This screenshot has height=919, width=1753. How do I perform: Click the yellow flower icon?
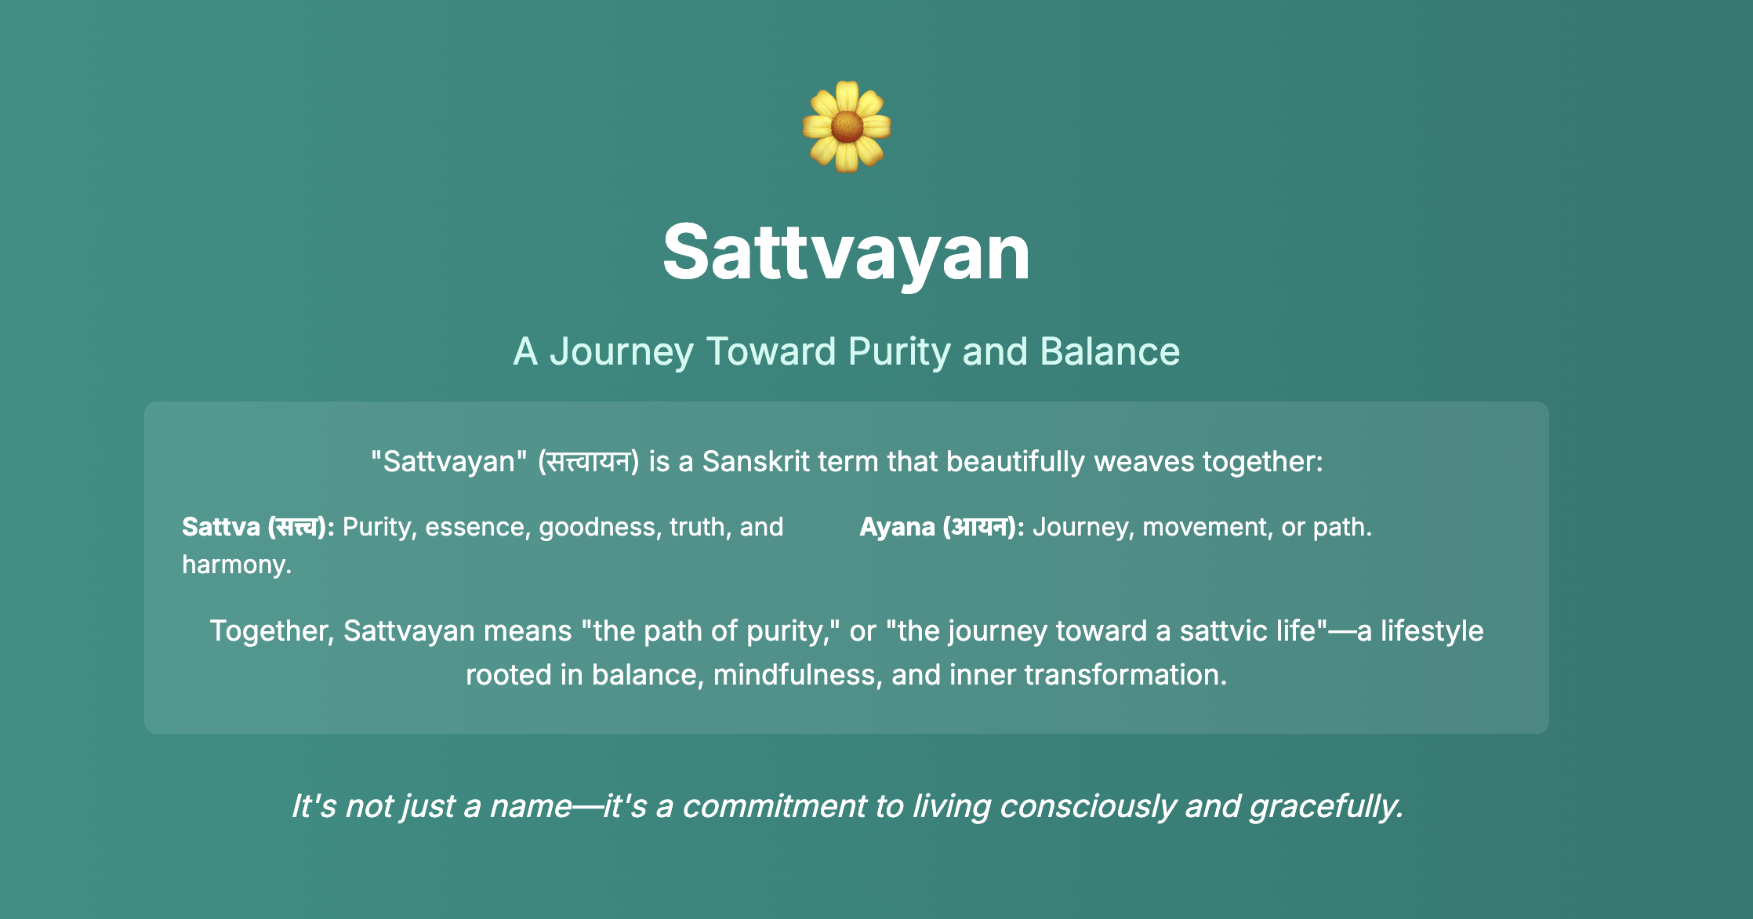[847, 127]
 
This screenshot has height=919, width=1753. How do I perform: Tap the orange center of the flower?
[847, 127]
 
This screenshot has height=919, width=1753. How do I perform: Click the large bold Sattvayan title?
[847, 252]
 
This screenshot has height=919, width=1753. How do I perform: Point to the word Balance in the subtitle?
[1109, 351]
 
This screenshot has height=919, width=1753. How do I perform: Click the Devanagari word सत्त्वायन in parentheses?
[589, 461]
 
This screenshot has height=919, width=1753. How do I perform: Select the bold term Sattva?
[221, 527]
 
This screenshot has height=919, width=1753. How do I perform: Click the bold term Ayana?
[897, 527]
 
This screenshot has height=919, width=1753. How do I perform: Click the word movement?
[1208, 527]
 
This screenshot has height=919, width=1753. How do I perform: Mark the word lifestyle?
[1432, 630]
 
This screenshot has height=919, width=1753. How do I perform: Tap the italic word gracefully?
[1327, 806]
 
